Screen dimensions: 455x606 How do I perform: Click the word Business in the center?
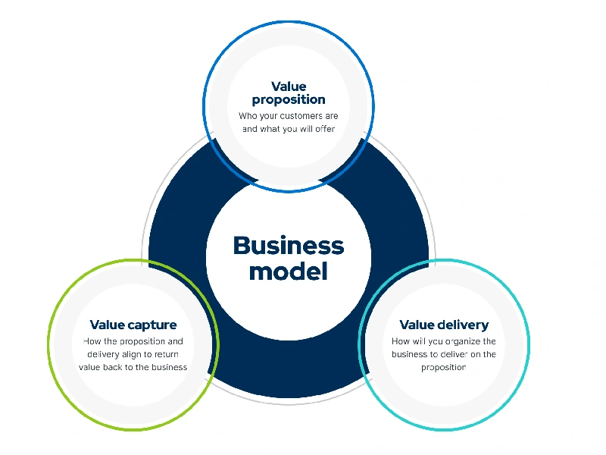pos(288,245)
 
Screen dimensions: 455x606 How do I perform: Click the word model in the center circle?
pos(288,271)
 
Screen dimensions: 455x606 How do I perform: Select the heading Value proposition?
pos(289,93)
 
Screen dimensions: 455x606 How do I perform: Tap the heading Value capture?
pos(133,325)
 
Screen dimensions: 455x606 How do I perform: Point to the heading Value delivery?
pos(444,325)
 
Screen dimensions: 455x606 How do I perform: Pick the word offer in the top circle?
pos(323,129)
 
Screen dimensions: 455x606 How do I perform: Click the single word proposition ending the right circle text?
pos(444,367)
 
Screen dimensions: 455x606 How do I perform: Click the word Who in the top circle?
pos(248,116)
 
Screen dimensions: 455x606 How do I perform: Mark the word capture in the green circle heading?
pos(153,325)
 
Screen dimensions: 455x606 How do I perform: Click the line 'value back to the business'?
pos(133,367)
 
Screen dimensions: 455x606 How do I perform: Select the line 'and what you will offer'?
pos(289,129)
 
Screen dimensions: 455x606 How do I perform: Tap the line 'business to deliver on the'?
pos(444,354)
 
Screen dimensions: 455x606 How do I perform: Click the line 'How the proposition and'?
pos(133,341)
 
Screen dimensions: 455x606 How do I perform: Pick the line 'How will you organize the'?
pos(444,341)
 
